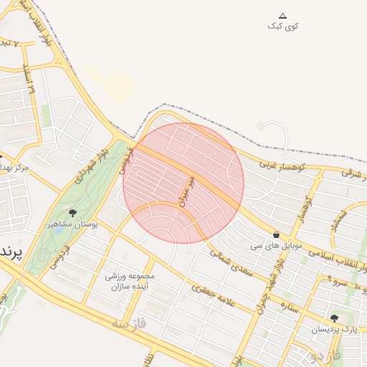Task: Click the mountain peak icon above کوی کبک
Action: [x=282, y=16]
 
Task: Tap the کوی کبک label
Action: [x=283, y=27]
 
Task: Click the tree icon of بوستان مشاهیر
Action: [x=72, y=213]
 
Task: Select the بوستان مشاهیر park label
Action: [x=72, y=224]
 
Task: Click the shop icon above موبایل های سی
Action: [x=277, y=234]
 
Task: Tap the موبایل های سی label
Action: [x=277, y=245]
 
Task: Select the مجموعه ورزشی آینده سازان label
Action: [x=130, y=281]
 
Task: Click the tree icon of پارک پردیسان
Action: [x=334, y=318]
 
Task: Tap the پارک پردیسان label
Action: [x=334, y=329]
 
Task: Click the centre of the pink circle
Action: [x=183, y=183]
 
